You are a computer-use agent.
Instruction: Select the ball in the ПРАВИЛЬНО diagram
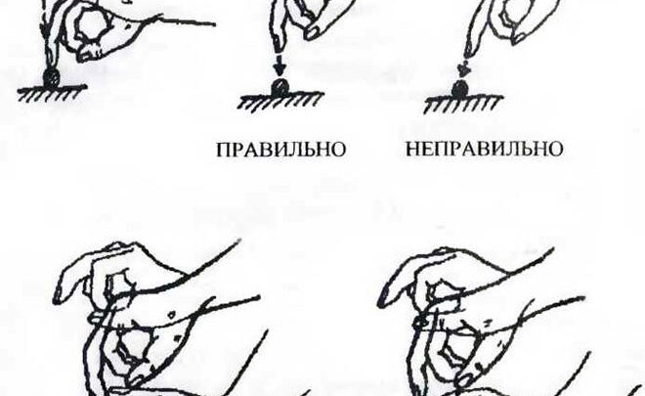279,88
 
